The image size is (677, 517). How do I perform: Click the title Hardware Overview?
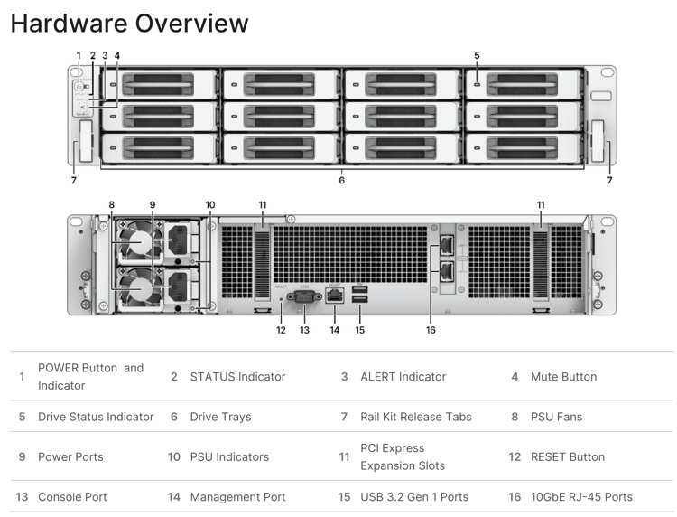click(129, 23)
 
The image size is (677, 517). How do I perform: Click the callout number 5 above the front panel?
click(477, 56)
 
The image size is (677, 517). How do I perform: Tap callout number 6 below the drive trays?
click(341, 180)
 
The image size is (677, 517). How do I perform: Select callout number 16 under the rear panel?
click(431, 330)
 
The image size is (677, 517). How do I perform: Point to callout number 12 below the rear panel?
click(281, 330)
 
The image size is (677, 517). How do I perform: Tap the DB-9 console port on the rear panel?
click(303, 295)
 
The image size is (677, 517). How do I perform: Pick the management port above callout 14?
click(335, 294)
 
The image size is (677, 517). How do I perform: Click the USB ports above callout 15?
click(360, 294)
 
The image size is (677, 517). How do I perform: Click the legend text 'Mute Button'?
click(563, 376)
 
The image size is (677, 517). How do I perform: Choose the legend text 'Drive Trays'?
click(220, 417)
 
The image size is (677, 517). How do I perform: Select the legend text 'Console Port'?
click(72, 496)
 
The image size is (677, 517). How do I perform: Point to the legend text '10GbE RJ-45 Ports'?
click(581, 496)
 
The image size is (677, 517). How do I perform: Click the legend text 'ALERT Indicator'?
click(403, 376)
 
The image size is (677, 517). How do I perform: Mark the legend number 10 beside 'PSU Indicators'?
click(174, 456)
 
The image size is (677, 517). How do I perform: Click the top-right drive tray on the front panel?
click(524, 85)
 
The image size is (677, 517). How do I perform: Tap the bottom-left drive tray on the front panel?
click(160, 147)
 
